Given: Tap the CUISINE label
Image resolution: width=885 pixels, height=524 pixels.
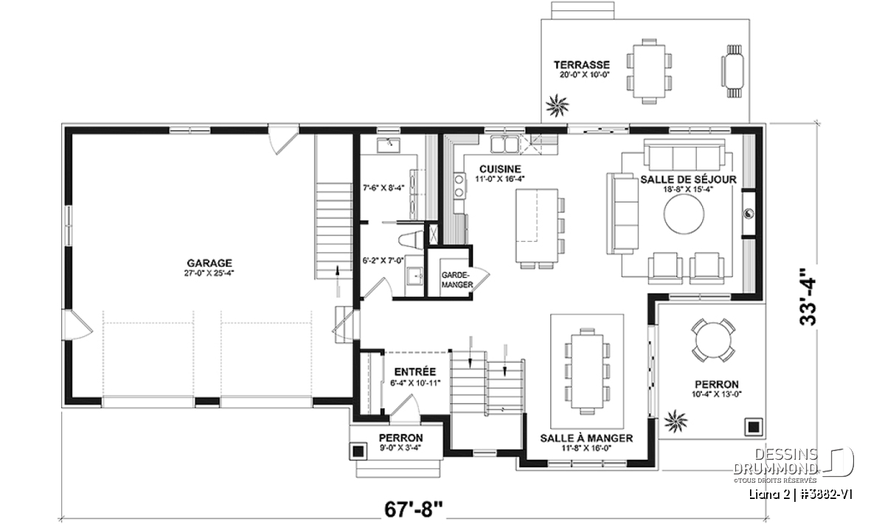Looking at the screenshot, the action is tap(500, 169).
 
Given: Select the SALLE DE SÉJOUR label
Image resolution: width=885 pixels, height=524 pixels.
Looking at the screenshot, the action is tap(688, 179).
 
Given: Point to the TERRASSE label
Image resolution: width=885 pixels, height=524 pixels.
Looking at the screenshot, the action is tap(582, 65).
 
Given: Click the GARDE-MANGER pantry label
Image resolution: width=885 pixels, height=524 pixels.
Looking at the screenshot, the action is tap(457, 279).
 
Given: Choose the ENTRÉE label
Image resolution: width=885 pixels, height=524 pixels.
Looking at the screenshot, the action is tap(414, 371).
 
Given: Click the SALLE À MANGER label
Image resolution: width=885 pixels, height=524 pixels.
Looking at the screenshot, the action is tap(586, 438).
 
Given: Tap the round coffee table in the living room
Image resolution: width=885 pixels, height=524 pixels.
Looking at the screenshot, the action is tap(684, 216).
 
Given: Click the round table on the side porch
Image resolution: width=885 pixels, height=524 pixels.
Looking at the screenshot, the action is tap(713, 340).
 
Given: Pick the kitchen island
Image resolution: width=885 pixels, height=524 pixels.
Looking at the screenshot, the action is tap(537, 225).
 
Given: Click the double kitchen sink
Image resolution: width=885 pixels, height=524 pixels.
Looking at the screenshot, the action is tap(504, 144).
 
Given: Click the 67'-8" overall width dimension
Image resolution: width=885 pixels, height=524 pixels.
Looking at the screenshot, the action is tap(414, 509).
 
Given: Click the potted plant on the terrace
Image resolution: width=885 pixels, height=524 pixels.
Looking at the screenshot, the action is tap(557, 105).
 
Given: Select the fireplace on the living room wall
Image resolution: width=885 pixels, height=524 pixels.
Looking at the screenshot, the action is tap(749, 214).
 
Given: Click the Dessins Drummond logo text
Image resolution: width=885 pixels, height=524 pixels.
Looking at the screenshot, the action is tap(775, 461).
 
